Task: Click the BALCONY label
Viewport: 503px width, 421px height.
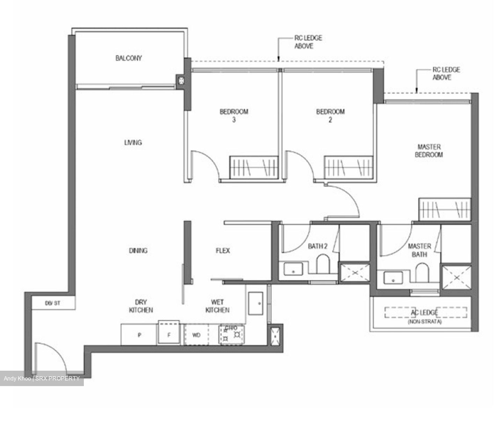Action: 129,58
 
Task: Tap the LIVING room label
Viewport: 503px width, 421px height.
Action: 133,143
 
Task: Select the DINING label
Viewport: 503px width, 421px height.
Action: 138,251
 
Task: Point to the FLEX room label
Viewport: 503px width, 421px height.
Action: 223,251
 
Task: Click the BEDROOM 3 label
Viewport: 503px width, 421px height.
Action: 234,116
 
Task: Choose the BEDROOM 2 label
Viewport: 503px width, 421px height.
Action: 330,116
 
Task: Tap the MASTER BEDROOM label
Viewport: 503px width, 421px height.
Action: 429,151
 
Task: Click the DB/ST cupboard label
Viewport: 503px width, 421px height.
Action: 52,303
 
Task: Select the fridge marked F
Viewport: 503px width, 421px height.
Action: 169,334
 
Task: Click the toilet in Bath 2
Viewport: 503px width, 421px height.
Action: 323,264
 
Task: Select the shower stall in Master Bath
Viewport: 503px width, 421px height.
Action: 456,277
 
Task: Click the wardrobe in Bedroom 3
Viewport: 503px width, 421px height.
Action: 254,167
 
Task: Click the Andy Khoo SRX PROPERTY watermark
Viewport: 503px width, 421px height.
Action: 42,378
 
